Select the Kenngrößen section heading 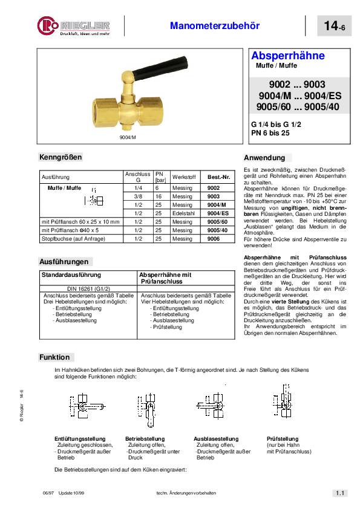pyautogui.click(x=60, y=157)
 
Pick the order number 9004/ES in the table pyautogui.click(x=217, y=213)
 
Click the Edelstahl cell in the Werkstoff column pyautogui.click(x=182, y=213)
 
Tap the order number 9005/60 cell pyautogui.click(x=217, y=222)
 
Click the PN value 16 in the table pyautogui.click(x=158, y=196)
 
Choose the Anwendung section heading pyautogui.click(x=264, y=157)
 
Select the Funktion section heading pyautogui.click(x=55, y=357)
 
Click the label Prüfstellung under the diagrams pyautogui.click(x=281, y=438)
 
